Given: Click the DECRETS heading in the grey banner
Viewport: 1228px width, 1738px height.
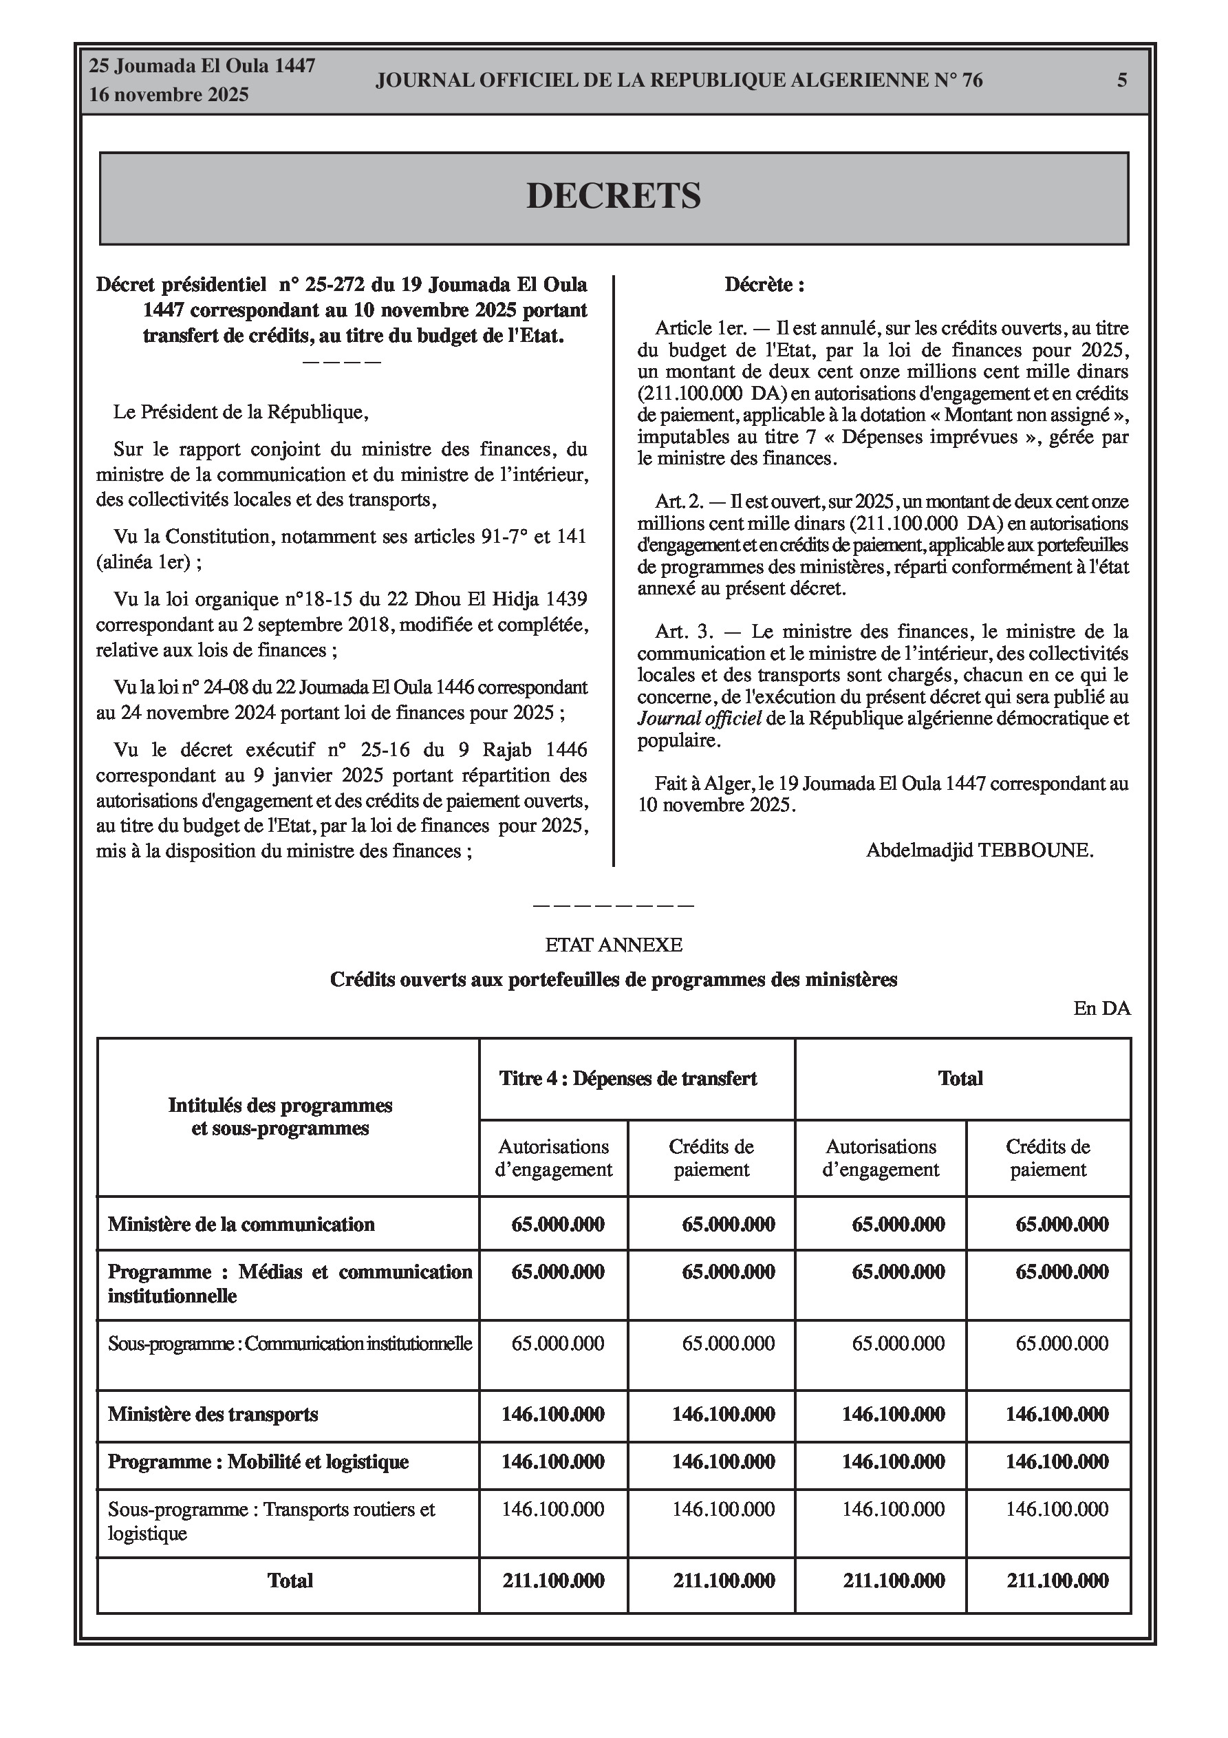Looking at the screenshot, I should point(613,196).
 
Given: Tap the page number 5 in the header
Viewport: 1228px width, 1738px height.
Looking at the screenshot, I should point(1122,81).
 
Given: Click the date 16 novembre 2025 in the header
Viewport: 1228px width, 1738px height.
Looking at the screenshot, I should point(169,96).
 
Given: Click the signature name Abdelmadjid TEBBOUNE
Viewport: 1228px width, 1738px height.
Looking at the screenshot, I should point(980,850).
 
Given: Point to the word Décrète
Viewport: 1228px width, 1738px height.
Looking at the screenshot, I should point(764,286).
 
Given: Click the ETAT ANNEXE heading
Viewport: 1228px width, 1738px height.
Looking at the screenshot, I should point(613,945).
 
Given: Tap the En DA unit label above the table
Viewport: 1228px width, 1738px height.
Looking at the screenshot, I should point(1101,1008).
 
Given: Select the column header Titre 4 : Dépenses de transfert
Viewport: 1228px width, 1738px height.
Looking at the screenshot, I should point(628,1079).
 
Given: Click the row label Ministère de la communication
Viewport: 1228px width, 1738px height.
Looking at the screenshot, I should point(241,1224).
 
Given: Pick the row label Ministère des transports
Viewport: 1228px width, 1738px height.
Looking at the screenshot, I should point(213,1414).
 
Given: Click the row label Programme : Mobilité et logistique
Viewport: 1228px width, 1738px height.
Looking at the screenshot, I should point(258,1461).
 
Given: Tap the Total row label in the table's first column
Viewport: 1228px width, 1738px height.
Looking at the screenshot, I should point(289,1580).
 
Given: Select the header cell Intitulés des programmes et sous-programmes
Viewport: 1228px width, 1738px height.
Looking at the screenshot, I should point(280,1117).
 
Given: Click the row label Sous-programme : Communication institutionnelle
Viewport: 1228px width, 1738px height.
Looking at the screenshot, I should point(289,1344).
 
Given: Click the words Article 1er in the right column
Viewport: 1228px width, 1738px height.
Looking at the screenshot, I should point(700,328).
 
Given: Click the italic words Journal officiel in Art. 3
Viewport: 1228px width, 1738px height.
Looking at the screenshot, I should point(699,718).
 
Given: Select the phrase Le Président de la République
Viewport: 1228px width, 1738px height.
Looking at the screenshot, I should point(241,413).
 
